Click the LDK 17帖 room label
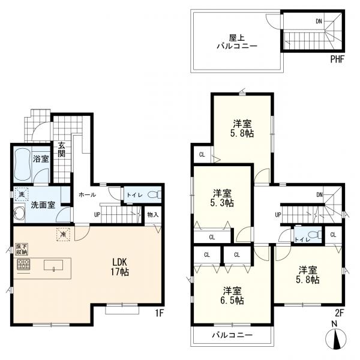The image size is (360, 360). [119, 267]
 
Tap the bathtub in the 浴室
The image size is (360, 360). [22, 165]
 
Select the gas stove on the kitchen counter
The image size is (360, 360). [23, 264]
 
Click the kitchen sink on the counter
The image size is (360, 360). [53, 266]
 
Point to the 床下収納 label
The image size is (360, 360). [22, 250]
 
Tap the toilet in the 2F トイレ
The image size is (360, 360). [315, 235]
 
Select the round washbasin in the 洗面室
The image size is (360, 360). [19, 213]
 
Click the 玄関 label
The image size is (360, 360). [61, 149]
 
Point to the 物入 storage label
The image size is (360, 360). [152, 215]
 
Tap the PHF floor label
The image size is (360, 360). [337, 59]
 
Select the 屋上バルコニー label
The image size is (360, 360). [237, 42]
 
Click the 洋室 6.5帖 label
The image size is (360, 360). [232, 295]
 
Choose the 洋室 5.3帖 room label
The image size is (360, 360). [222, 198]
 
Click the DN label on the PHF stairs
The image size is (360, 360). [319, 22]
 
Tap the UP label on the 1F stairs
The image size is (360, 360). [97, 215]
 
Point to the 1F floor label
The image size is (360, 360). [160, 313]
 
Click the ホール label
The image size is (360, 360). [87, 194]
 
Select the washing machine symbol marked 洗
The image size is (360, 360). [22, 194]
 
